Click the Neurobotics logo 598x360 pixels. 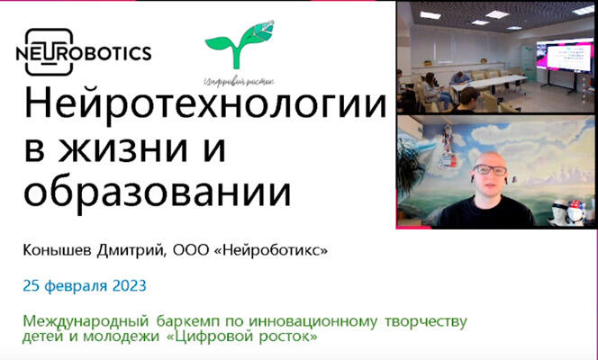click(84, 52)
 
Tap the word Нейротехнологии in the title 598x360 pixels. click(205, 104)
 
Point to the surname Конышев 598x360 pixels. click(58, 250)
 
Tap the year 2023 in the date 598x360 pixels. click(130, 285)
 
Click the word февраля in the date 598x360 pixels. click(77, 286)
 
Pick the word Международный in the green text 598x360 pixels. click(86, 321)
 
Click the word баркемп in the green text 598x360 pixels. click(188, 321)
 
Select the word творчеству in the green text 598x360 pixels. click(426, 321)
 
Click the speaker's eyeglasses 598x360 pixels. click(490, 169)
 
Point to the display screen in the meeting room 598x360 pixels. click(565, 56)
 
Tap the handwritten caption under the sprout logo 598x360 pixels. click(240, 81)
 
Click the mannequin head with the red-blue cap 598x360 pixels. click(575, 212)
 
